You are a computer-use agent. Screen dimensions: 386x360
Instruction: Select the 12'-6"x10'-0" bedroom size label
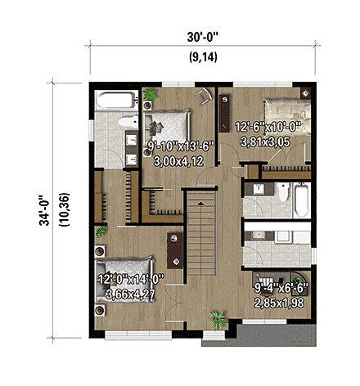click(268, 127)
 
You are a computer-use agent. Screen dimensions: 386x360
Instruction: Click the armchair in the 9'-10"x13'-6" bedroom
click(201, 96)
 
